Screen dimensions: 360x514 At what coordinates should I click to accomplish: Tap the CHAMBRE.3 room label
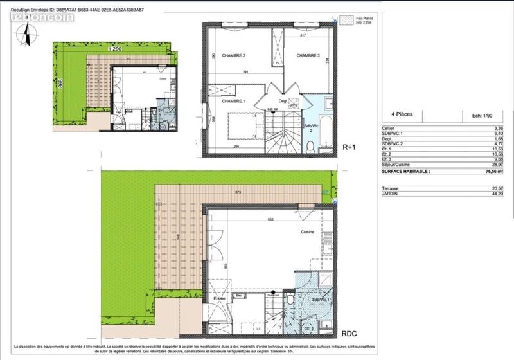(x=308, y=56)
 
